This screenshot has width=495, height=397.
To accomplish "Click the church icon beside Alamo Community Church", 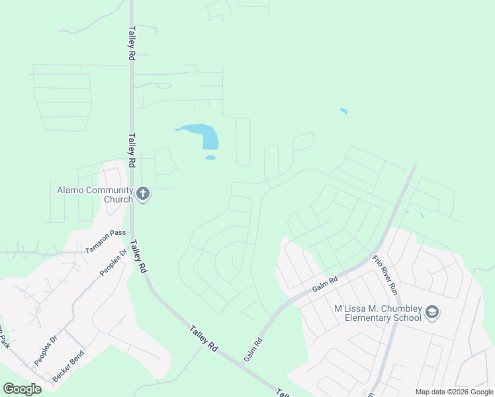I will point(142,195).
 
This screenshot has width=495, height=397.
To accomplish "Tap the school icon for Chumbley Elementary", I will point(432,312).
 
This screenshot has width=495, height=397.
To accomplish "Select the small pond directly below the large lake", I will point(210,157).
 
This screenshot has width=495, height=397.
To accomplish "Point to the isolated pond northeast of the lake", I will point(343,111).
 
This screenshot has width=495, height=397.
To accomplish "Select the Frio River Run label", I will point(384,275).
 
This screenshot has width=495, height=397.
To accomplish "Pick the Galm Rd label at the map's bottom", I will point(253,349).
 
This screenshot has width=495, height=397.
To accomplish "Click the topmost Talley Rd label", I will point(132,44).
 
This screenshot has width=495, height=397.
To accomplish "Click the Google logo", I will point(22,388).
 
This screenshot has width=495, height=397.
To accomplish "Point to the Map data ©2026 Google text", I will point(454,392).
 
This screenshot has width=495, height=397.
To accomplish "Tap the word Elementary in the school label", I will point(386,318).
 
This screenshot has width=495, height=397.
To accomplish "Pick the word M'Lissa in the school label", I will point(349,308).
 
